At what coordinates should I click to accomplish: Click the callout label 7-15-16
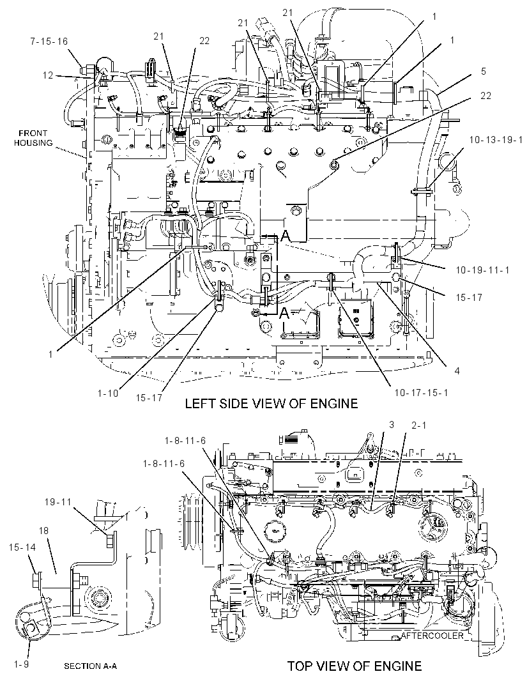[x=49, y=42]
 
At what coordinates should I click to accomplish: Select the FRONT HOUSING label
[x=33, y=138]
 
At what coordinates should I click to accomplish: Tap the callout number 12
[x=48, y=75]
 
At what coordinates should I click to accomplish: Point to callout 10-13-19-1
[x=496, y=140]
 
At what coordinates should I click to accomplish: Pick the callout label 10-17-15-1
[x=421, y=393]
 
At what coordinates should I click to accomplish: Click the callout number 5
[x=484, y=71]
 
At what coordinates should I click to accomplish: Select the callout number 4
[x=457, y=371]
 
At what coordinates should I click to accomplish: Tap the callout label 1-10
[x=108, y=394]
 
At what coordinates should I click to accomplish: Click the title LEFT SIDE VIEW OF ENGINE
[x=271, y=404]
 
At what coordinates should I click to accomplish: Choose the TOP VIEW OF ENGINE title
[x=355, y=666]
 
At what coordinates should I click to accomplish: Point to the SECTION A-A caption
[x=90, y=666]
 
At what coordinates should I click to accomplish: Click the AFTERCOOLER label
[x=432, y=636]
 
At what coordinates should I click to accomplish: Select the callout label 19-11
[x=57, y=502]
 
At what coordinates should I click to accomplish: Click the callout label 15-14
[x=22, y=547]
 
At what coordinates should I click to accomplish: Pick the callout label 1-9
[x=21, y=664]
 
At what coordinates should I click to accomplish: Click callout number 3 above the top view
[x=391, y=424]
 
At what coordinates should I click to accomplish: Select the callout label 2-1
[x=418, y=425]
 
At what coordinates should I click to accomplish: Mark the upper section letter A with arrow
[x=285, y=236]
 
